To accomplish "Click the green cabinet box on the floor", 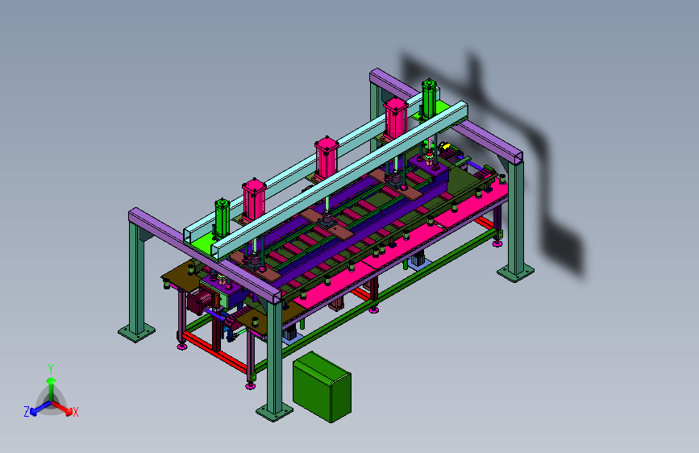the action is [x=322, y=387].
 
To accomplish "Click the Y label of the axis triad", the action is [x=51, y=369].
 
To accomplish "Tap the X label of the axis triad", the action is [x=76, y=413].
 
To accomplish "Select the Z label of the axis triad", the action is [x=27, y=412].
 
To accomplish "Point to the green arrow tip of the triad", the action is [x=52, y=380].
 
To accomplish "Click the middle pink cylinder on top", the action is [x=327, y=157].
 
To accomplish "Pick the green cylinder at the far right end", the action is [x=429, y=99].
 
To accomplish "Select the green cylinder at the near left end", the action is [x=222, y=218].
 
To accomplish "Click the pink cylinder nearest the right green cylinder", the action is [x=395, y=118].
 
